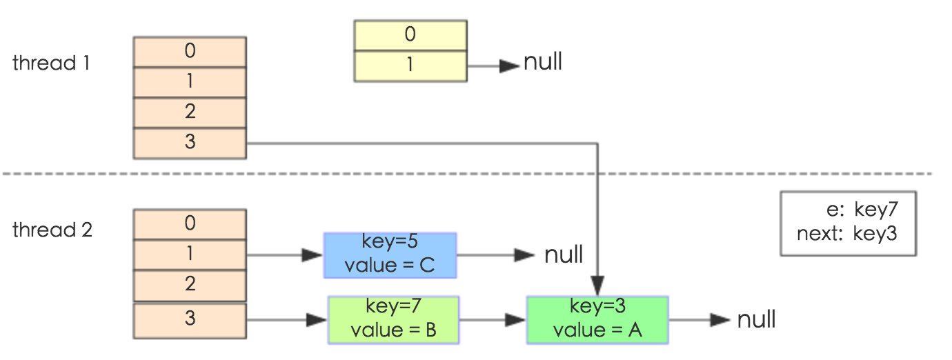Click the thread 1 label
pos(51,63)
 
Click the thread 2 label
pos(52,230)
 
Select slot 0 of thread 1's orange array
pos(190,51)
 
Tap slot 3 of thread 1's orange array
pos(190,143)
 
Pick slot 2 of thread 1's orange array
pos(190,112)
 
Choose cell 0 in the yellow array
pos(410,34)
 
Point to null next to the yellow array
pos(543,63)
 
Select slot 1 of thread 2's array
pos(190,254)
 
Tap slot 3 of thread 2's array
pos(190,319)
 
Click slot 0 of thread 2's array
pos(190,224)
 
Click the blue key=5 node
pos(390,254)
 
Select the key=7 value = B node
pos(393,319)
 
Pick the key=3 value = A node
pos(597,319)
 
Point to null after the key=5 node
pos(564,255)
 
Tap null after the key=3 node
pos(757,320)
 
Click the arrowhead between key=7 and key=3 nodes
pos(515,320)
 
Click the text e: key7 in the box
pos(862,210)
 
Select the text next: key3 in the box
pos(846,233)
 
